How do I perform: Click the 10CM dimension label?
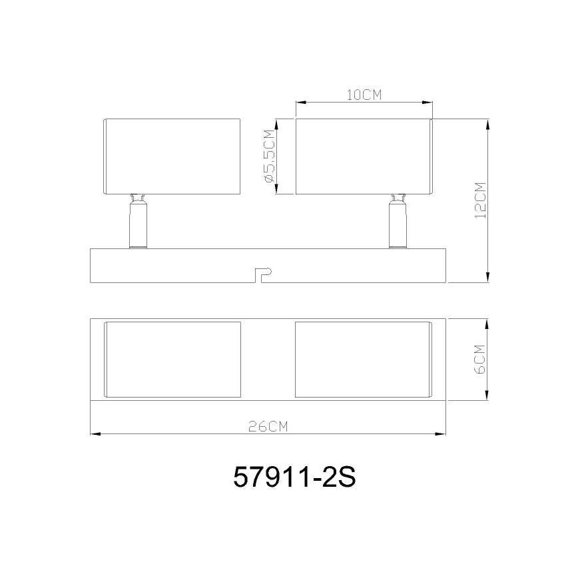(364, 95)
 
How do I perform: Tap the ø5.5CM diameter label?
(270, 157)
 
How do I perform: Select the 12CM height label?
(481, 200)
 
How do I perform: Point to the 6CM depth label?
(481, 360)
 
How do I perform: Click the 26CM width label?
(268, 427)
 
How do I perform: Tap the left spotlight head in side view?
(172, 156)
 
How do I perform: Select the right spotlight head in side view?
(364, 156)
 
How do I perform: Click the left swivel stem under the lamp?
(138, 223)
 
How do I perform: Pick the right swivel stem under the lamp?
(398, 223)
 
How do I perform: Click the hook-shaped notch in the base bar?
(263, 273)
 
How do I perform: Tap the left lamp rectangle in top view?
(172, 360)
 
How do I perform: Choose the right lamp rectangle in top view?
(364, 360)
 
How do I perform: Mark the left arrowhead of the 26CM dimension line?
(94, 434)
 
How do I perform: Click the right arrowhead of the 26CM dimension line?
(441, 434)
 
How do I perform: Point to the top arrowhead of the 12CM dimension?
(489, 124)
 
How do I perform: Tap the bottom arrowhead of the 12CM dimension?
(489, 278)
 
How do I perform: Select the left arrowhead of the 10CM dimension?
(300, 103)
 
